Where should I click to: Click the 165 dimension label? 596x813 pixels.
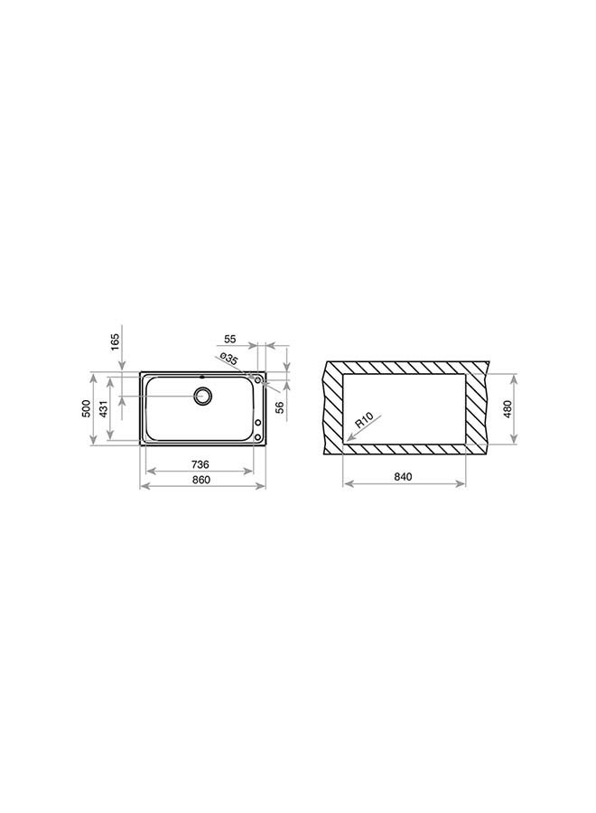pyautogui.click(x=115, y=341)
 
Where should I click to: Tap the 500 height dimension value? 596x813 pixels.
pyautogui.click(x=87, y=408)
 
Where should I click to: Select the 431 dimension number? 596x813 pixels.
pyautogui.click(x=103, y=409)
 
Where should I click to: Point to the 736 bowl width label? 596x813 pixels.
pyautogui.click(x=200, y=464)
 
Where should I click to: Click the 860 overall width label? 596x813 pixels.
pyautogui.click(x=201, y=480)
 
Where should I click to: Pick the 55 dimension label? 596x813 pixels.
pyautogui.click(x=229, y=339)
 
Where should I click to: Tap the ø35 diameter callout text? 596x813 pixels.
pyautogui.click(x=228, y=360)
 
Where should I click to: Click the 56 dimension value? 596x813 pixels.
pyautogui.click(x=280, y=407)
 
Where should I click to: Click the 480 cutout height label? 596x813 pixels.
pyautogui.click(x=508, y=409)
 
